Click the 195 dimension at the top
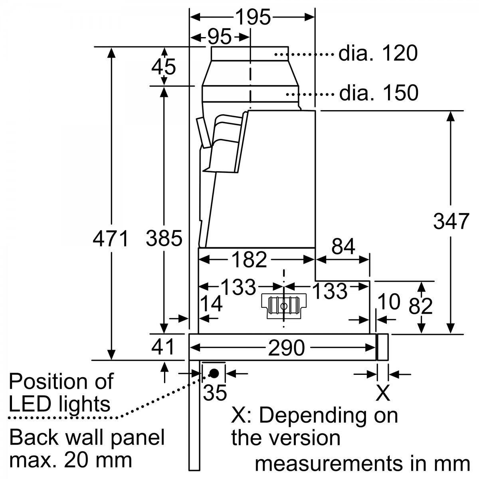(253, 17)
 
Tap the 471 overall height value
(111, 239)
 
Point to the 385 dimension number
(164, 239)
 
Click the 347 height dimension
(451, 221)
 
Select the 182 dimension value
(249, 260)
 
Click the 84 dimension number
(343, 247)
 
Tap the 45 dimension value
(164, 67)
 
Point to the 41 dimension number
(163, 347)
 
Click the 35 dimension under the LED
(215, 393)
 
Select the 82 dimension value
(421, 306)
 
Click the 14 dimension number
(211, 305)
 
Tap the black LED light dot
(214, 374)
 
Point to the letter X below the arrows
(383, 393)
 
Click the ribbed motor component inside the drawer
(283, 306)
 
